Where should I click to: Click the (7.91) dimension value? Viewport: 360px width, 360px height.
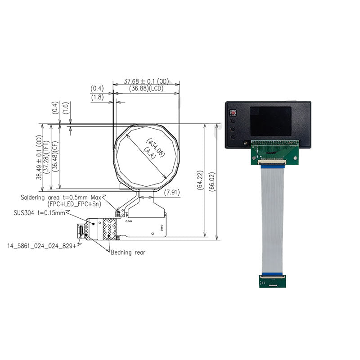tap(171, 193)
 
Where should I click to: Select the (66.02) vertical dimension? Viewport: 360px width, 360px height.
tap(213, 180)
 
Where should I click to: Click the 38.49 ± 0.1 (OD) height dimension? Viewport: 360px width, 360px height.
tap(40, 157)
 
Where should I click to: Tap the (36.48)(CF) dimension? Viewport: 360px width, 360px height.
tap(55, 157)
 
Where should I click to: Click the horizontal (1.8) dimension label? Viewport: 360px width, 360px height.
tap(97, 97)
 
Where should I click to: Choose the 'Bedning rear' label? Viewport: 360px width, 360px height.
tap(128, 252)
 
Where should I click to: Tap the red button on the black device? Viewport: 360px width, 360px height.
tap(233, 112)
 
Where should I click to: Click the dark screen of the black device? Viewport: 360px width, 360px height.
tap(270, 121)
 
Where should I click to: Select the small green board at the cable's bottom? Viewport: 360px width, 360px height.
tap(272, 281)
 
